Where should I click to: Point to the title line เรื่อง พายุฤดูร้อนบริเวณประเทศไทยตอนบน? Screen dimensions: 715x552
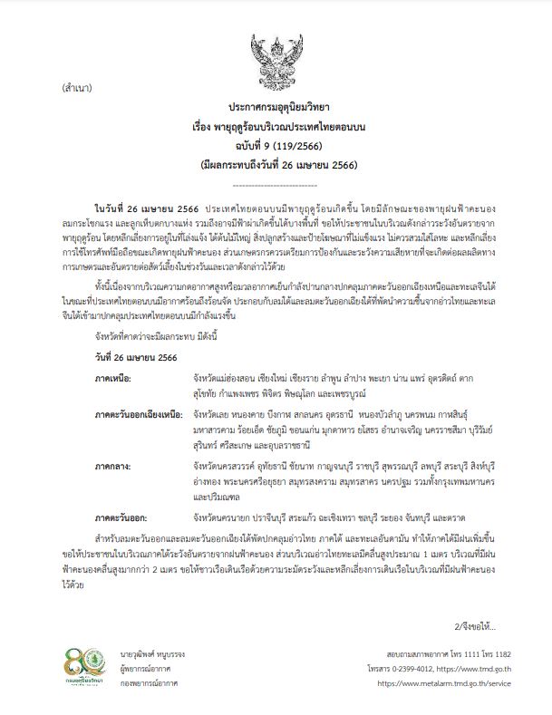click(x=277, y=126)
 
